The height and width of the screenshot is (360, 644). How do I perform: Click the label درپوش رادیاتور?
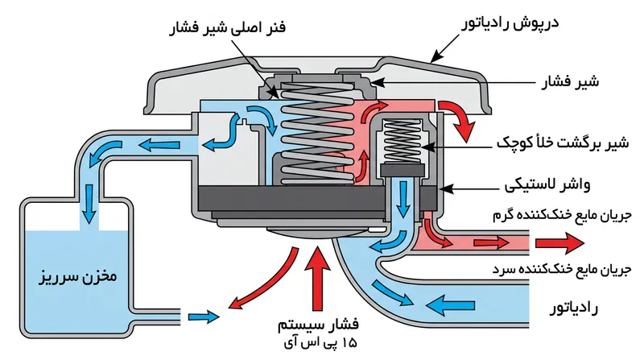click(510, 23)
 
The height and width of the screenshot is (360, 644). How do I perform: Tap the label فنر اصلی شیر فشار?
click(227, 28)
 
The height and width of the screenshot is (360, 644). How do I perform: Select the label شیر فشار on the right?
click(570, 81)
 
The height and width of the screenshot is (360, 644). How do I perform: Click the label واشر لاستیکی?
click(547, 185)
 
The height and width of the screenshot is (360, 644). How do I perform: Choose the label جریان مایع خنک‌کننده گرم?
click(561, 216)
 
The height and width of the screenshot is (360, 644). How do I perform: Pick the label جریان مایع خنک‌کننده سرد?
click(561, 270)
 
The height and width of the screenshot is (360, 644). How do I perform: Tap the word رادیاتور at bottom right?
click(574, 308)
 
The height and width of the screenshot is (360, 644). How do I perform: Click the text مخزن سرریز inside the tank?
click(78, 276)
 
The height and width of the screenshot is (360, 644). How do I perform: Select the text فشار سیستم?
click(318, 325)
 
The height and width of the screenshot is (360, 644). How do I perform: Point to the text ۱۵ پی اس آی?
click(320, 342)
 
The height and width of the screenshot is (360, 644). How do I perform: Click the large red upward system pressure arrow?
click(317, 278)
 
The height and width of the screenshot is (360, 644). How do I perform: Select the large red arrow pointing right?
click(559, 243)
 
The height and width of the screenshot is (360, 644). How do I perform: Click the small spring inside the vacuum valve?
click(402, 142)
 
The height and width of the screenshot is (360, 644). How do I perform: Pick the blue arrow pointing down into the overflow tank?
click(89, 204)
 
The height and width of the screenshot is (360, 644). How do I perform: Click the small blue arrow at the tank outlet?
click(204, 317)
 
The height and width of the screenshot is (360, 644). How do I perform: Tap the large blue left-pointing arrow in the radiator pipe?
click(450, 306)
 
